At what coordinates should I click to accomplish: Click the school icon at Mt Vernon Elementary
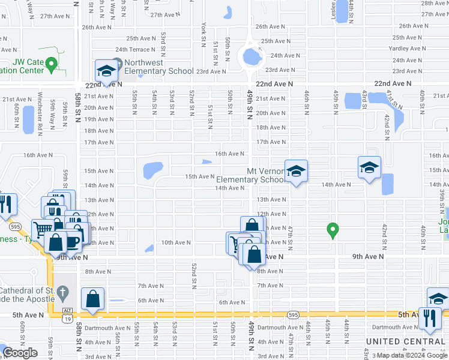coord(295,173)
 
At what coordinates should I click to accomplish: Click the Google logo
coord(20,353)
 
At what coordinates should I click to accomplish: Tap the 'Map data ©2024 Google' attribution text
coord(412,355)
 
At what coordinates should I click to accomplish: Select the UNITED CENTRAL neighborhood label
coord(405,341)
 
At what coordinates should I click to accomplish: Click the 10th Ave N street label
coord(175,242)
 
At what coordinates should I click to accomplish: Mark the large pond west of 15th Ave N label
coord(152,170)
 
